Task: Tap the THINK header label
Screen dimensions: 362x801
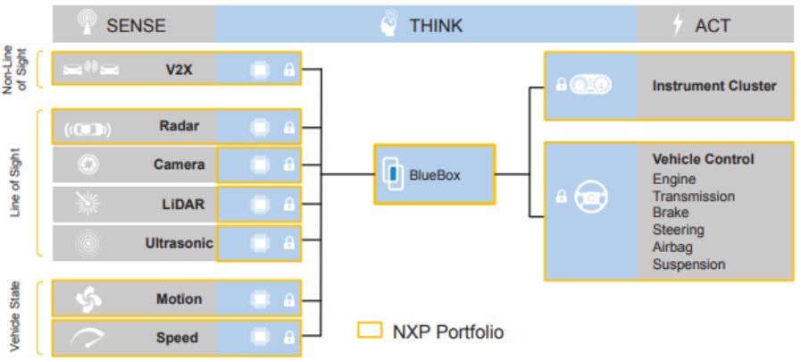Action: pyautogui.click(x=436, y=25)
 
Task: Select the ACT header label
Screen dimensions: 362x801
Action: pyautogui.click(x=713, y=25)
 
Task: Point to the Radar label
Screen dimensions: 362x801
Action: pyautogui.click(x=179, y=126)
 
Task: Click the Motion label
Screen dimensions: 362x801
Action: pyautogui.click(x=179, y=299)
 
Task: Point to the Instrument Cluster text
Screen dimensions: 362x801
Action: pyautogui.click(x=714, y=87)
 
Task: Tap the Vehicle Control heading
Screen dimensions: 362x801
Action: pyautogui.click(x=703, y=159)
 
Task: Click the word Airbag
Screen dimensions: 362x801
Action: pyautogui.click(x=672, y=247)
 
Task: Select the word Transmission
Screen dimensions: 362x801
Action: pyautogui.click(x=694, y=196)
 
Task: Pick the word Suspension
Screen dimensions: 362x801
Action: pyautogui.click(x=688, y=264)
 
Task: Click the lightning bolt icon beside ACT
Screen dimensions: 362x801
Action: pyautogui.click(x=678, y=25)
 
